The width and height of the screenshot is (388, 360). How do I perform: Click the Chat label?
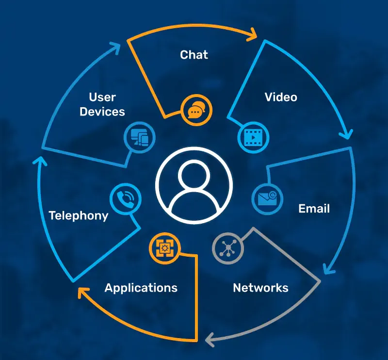tap(194, 54)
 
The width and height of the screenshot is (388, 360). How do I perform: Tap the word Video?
tap(281, 97)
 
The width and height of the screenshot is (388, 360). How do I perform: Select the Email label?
tap(314, 209)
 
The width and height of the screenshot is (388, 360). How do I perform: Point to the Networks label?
tap(260, 288)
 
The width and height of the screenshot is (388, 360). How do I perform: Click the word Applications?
tap(141, 288)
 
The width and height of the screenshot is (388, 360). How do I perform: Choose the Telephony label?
tap(79, 215)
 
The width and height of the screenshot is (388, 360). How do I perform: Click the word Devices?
tap(102, 112)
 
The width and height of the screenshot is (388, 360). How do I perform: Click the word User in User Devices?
tap(102, 97)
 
